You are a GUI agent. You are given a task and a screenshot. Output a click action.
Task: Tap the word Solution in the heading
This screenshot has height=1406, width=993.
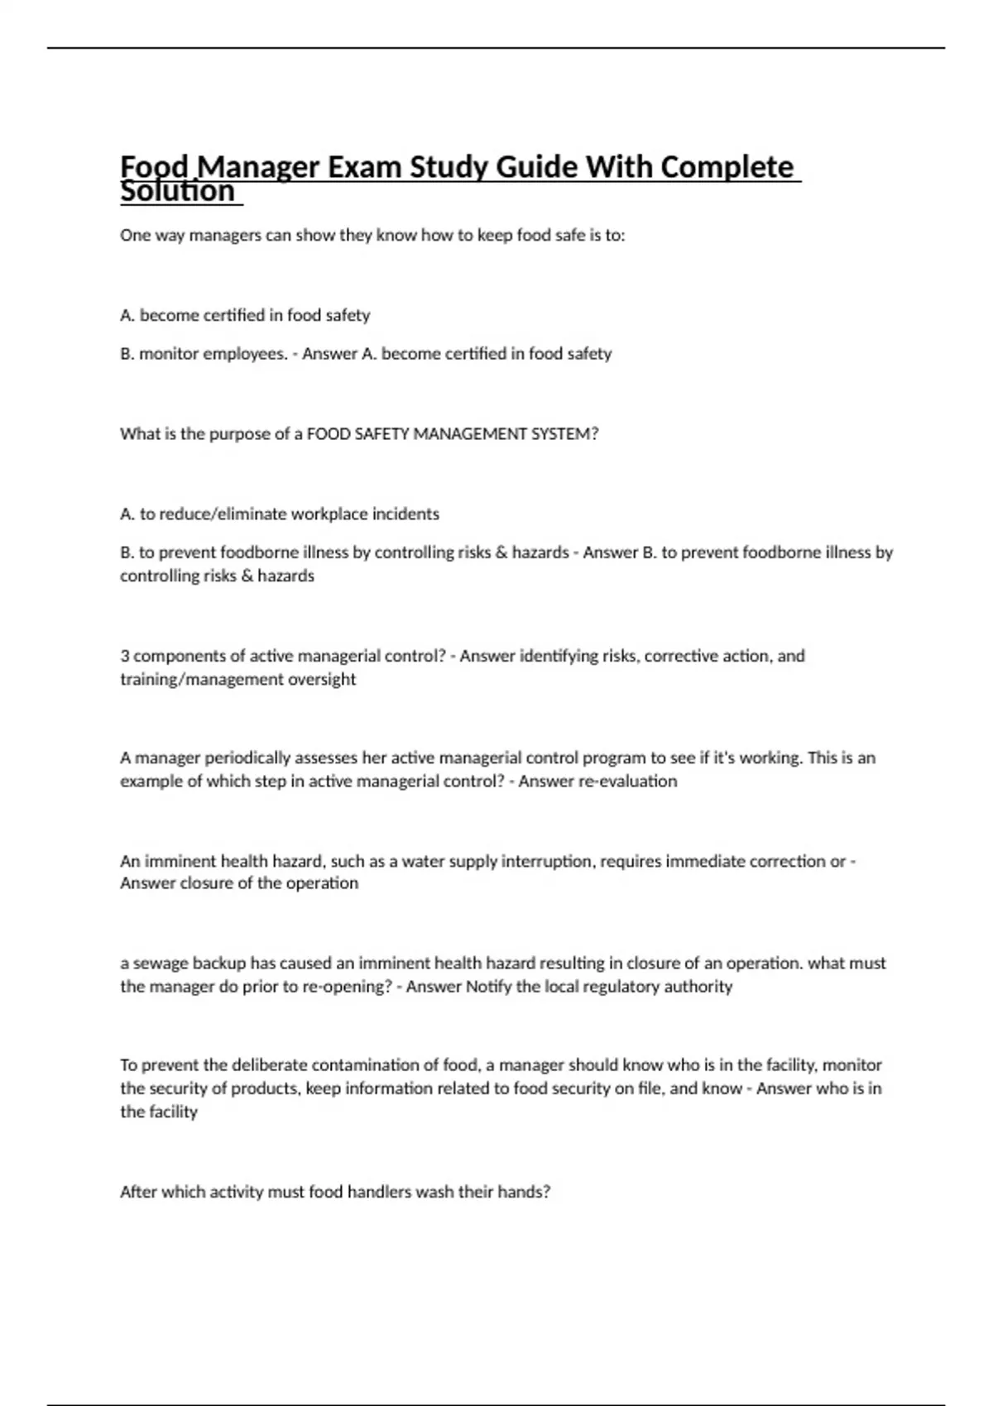click(x=177, y=192)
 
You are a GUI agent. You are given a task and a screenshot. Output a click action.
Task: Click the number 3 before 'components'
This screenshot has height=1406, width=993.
click(x=125, y=656)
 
